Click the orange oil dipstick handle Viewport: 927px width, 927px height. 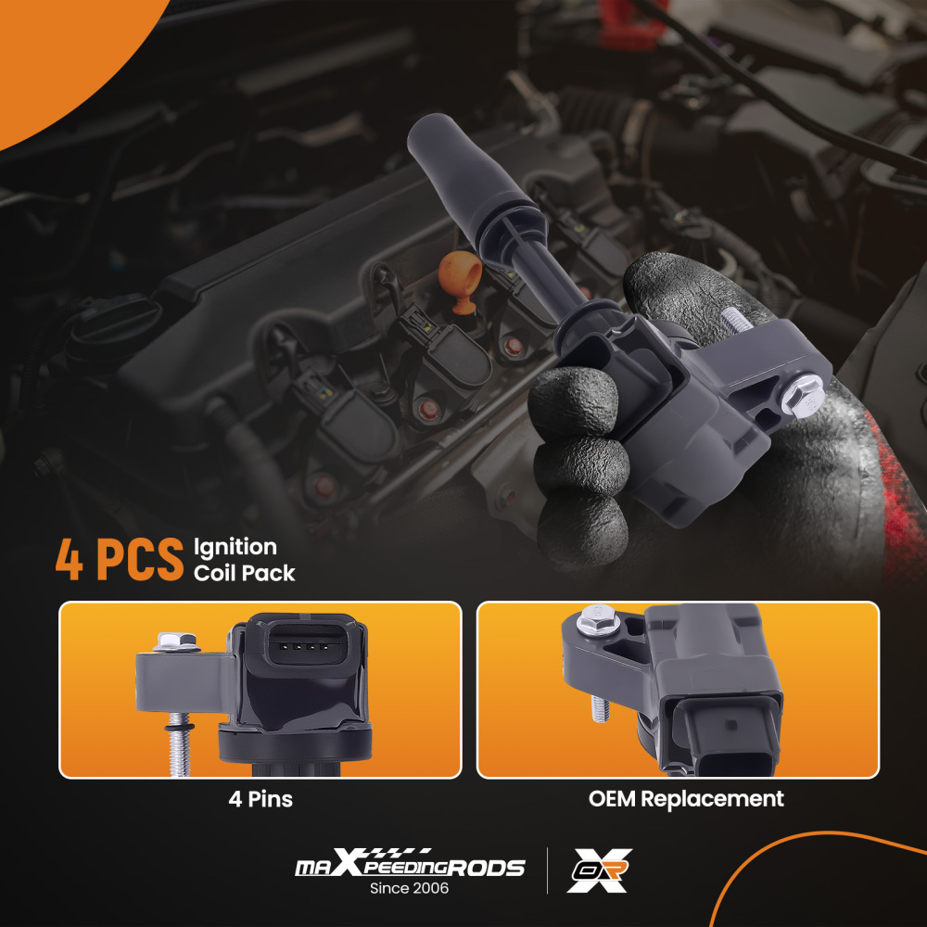click(459, 280)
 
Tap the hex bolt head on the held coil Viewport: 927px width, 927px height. click(802, 396)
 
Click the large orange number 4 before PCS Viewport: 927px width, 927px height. click(70, 559)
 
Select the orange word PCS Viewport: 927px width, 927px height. click(140, 559)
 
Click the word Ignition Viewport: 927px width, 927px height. click(235, 548)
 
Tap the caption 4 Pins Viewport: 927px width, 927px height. click(260, 799)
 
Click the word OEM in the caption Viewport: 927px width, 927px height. click(612, 799)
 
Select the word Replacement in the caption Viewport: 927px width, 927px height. click(712, 799)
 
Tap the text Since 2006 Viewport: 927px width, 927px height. click(409, 888)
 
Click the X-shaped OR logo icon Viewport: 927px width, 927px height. click(599, 870)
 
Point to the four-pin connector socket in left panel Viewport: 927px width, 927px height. click(305, 646)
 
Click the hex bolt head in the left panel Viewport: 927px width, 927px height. click(177, 641)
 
